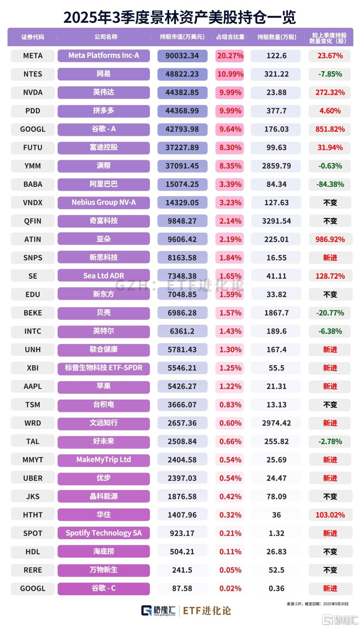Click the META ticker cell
[33, 56]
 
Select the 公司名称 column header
[106, 37]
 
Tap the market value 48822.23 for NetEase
[182, 74]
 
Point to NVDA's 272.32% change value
[330, 92]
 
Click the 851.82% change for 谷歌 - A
[330, 129]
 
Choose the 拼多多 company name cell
[103, 111]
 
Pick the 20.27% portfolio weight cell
[230, 56]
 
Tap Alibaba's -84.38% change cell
[330, 184]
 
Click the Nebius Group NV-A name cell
[103, 203]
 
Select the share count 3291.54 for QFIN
[276, 221]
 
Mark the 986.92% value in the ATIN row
[330, 239]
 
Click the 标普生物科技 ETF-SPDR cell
[103, 368]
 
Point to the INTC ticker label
[33, 331]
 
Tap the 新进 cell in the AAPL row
[330, 386]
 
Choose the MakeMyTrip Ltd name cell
[103, 460]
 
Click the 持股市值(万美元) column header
[182, 37]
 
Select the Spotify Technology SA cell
[103, 533]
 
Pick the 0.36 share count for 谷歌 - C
[276, 588]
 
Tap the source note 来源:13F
[294, 604]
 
